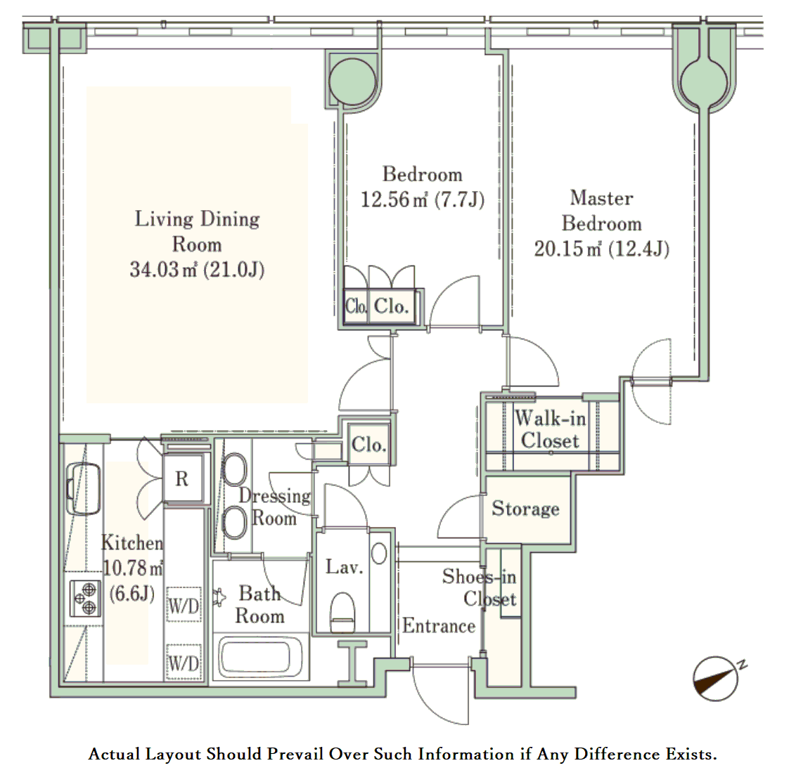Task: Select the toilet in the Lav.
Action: point(342,613)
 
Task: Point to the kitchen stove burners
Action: point(85,599)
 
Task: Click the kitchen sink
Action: point(84,488)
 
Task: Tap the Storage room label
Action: point(525,509)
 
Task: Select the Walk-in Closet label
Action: point(551,429)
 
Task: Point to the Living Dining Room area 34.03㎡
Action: point(163,269)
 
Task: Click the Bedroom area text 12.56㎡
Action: point(394,200)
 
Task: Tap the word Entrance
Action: point(439,626)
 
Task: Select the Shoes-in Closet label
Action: point(480,587)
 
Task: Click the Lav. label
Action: point(344,567)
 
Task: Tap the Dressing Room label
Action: point(275,507)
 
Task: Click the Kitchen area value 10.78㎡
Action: point(133,568)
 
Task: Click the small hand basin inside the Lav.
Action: point(379,553)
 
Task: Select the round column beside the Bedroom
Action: point(352,82)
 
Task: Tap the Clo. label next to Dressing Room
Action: point(369,445)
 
